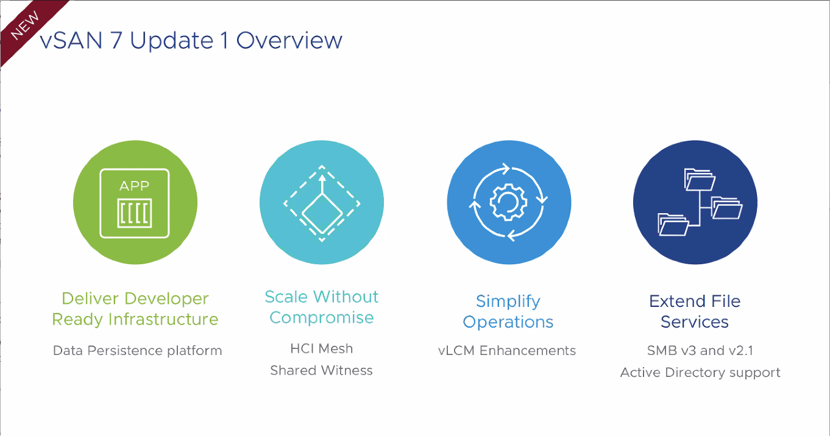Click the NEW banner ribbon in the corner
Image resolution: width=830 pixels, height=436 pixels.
(x=26, y=26)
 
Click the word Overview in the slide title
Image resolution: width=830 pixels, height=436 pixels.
(x=289, y=40)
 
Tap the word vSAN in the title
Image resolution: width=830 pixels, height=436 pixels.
(x=71, y=40)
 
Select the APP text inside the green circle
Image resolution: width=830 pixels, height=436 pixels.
(x=134, y=186)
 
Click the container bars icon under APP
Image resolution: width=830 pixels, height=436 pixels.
(x=135, y=213)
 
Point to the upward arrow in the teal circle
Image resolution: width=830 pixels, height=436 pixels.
(x=322, y=184)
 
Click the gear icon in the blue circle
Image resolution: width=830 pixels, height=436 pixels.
(x=508, y=202)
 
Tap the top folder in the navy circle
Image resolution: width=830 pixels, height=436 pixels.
(x=700, y=180)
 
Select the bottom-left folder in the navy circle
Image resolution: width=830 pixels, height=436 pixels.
(x=673, y=224)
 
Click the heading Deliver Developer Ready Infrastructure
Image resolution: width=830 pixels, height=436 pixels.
(x=135, y=309)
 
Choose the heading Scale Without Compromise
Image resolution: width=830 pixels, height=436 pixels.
(x=322, y=307)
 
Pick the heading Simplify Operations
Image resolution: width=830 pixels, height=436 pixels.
(x=508, y=311)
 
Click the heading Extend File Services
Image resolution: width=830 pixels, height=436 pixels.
(x=695, y=311)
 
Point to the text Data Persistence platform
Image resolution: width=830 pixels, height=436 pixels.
(x=138, y=351)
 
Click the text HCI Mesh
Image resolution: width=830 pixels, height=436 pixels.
(x=322, y=348)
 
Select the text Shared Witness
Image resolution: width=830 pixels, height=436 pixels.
(x=321, y=370)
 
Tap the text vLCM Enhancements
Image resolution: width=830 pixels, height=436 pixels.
(x=507, y=351)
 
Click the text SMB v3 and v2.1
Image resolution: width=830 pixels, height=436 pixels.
(x=700, y=351)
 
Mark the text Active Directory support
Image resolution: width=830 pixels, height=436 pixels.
(x=700, y=372)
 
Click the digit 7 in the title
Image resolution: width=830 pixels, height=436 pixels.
(x=116, y=40)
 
